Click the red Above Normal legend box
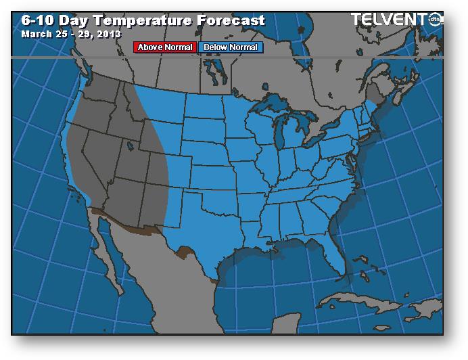tap(164, 47)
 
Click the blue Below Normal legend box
tap(230, 47)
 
